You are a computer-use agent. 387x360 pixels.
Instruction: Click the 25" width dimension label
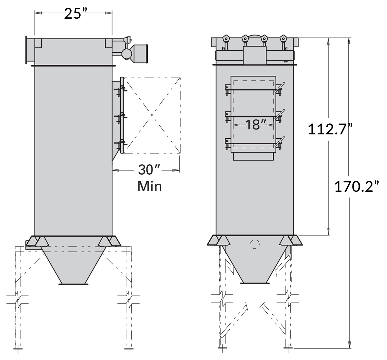(x=73, y=14)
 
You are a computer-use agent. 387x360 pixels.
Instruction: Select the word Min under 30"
(x=149, y=186)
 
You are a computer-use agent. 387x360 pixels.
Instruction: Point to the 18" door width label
(x=255, y=124)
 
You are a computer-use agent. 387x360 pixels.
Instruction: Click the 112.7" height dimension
(x=330, y=129)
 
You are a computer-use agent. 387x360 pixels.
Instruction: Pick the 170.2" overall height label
(x=357, y=186)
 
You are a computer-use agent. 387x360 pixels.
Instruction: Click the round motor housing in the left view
(x=126, y=53)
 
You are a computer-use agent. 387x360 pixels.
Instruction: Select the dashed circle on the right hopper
(x=255, y=244)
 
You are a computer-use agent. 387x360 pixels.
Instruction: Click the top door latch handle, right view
(x=280, y=87)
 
